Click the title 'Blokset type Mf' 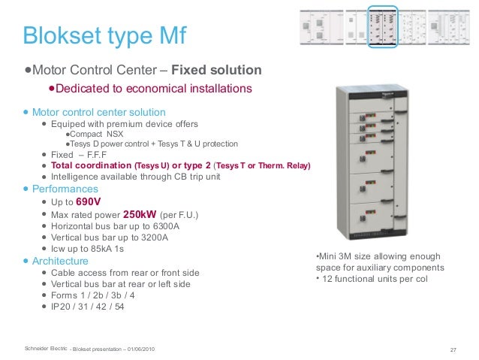pyautogui.click(x=104, y=35)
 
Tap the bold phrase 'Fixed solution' pyautogui.click(x=216, y=71)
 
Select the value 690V pyautogui.click(x=89, y=203)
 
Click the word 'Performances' pyautogui.click(x=65, y=189)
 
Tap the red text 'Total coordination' pyautogui.click(x=91, y=165)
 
